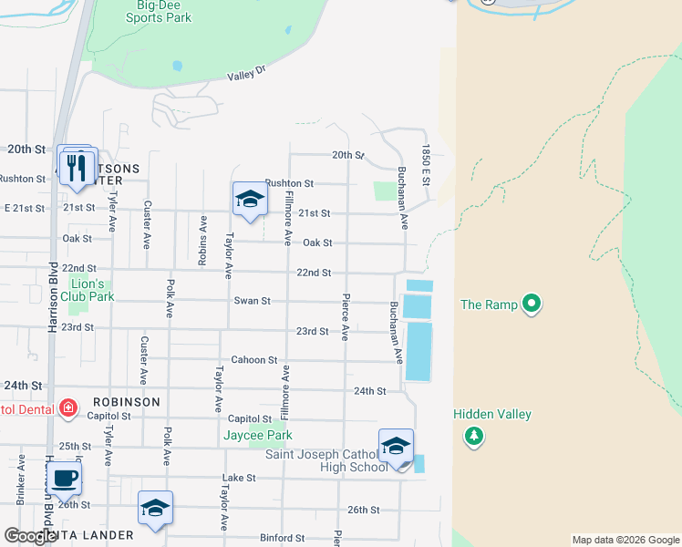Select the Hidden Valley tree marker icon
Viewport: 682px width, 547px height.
(x=473, y=438)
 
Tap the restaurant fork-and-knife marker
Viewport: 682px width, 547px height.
(x=77, y=167)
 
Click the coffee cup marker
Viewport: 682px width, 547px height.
(x=64, y=479)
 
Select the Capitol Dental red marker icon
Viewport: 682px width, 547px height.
(x=67, y=408)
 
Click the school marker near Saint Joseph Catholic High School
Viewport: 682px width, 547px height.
(x=396, y=447)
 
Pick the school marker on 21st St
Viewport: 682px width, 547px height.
(x=249, y=201)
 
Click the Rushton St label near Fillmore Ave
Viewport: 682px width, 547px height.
(x=289, y=183)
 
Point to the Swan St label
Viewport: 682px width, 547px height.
(x=252, y=301)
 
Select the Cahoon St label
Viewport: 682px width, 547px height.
(x=253, y=360)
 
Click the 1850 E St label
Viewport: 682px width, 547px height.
(x=425, y=165)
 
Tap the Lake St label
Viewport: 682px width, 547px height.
(x=238, y=478)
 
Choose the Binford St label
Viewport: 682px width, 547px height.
(x=281, y=539)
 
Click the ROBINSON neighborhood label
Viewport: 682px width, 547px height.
(x=126, y=402)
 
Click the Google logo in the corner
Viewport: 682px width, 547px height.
(x=30, y=536)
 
